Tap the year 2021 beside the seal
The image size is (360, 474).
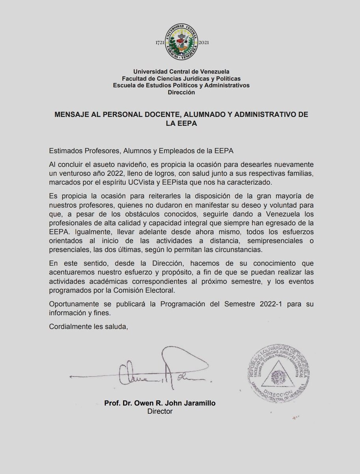[x=206, y=43]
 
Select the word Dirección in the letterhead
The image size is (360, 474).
[x=181, y=92]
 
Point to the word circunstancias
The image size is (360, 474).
[x=227, y=250]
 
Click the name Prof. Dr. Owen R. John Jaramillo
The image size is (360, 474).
[x=160, y=403]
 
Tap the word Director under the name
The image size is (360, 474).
[x=160, y=412]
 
